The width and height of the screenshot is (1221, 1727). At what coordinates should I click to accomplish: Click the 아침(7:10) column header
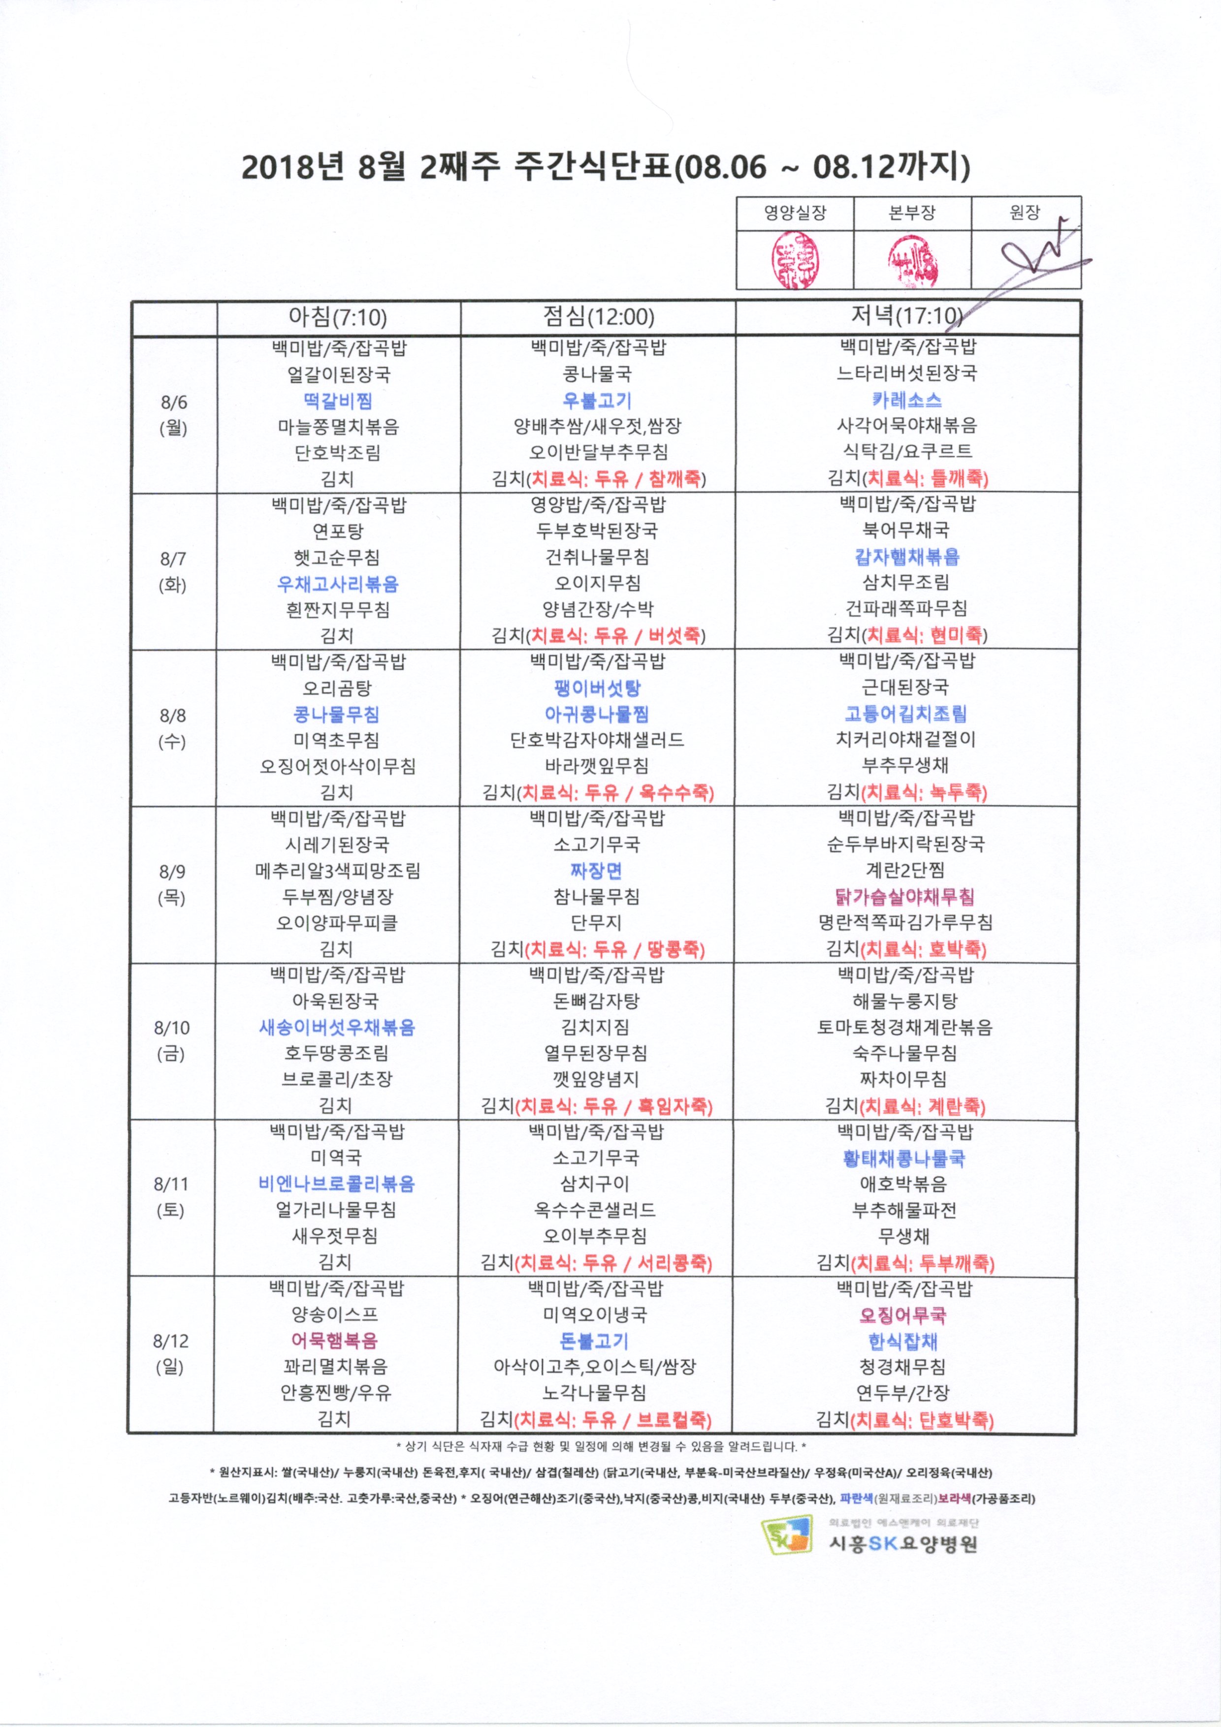click(x=337, y=317)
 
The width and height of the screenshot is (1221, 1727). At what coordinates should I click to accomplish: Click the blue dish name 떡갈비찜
click(x=338, y=401)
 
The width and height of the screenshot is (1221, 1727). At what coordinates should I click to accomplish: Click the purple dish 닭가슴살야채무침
click(x=904, y=897)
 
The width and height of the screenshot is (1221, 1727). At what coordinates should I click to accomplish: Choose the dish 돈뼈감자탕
click(x=596, y=1001)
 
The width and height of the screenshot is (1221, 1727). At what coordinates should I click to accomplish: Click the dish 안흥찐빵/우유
click(x=336, y=1392)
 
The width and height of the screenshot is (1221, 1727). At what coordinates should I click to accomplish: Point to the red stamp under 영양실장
click(x=795, y=260)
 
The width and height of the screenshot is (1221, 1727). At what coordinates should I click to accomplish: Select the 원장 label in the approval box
click(x=1025, y=213)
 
